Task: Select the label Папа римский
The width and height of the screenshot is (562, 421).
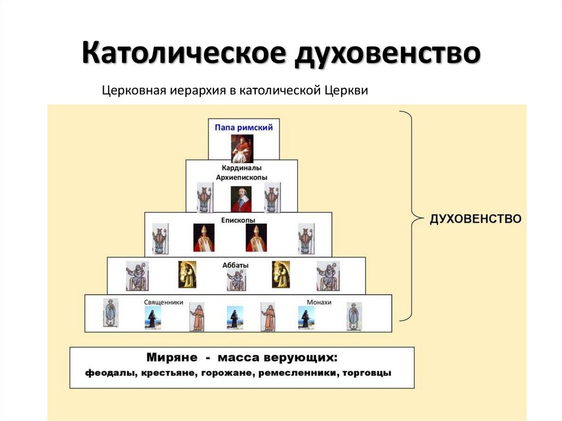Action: point(244,127)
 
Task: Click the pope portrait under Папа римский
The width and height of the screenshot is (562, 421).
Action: point(242,148)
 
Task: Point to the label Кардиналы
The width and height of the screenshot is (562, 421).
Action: point(242,167)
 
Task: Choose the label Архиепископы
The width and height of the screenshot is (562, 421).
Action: point(242,177)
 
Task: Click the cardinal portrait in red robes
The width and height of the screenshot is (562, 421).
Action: point(241,199)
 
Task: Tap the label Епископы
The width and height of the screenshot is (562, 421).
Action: point(239,219)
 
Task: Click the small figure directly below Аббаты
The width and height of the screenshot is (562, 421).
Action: point(237,280)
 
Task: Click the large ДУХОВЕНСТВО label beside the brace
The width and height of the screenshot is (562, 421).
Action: point(475,218)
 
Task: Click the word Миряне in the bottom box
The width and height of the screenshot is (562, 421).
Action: point(171,358)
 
